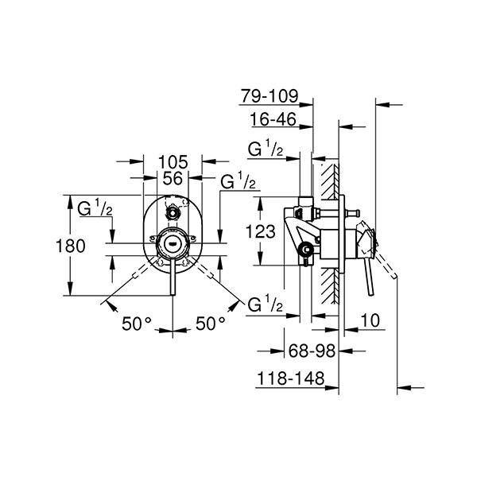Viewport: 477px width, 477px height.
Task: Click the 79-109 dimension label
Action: (270, 96)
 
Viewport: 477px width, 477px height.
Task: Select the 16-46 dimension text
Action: (273, 119)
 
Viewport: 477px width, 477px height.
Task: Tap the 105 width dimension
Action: (173, 162)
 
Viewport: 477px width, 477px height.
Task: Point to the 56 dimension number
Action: (173, 178)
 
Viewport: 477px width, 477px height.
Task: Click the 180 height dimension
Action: (70, 246)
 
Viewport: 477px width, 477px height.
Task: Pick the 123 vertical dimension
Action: (261, 231)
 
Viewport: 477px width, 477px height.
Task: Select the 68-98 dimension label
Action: (312, 351)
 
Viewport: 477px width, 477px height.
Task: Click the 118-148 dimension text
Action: (291, 378)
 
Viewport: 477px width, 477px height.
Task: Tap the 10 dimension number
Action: (370, 320)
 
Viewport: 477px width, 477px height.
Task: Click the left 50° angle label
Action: (137, 324)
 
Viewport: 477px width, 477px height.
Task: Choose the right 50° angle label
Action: (211, 323)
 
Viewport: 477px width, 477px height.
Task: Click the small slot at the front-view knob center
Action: (173, 243)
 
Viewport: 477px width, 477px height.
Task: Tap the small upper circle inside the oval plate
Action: (173, 212)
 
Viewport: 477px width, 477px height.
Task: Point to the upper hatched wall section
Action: (330, 181)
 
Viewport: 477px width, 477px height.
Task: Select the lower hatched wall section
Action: (331, 285)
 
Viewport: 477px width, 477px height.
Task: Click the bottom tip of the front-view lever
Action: (173, 294)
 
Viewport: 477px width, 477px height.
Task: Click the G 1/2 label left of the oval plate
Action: (95, 208)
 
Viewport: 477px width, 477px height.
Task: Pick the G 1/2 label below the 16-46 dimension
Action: (266, 149)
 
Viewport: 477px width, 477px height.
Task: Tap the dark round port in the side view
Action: (306, 250)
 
